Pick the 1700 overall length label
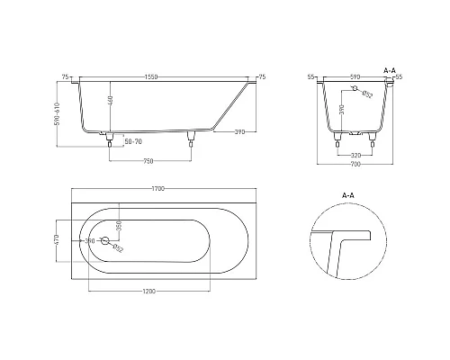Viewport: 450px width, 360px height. click(158, 188)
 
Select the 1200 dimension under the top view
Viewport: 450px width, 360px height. click(149, 291)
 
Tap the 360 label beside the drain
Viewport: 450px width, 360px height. click(90, 240)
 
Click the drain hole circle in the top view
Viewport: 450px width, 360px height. click(105, 241)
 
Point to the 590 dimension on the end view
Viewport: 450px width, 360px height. click(354, 77)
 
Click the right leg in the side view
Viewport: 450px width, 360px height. click(191, 139)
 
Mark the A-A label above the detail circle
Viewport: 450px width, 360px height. click(348, 193)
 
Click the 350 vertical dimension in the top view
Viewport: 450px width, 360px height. click(118, 224)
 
